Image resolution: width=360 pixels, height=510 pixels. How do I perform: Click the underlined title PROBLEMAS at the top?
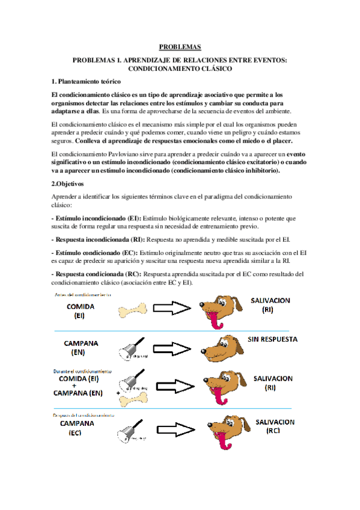tap(180, 46)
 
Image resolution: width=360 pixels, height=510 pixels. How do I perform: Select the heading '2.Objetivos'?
tap(68, 183)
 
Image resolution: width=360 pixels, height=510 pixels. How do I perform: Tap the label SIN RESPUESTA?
tap(272, 339)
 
